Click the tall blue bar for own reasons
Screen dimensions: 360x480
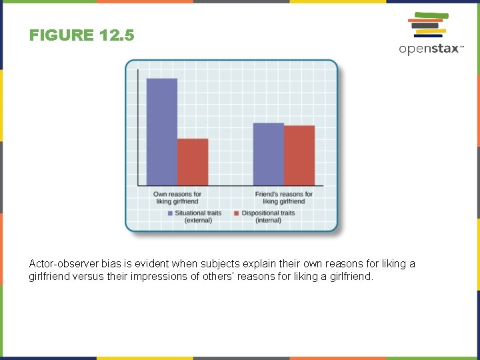[x=161, y=132]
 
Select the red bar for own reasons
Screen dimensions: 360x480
[x=193, y=162]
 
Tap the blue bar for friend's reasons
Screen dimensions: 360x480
[x=268, y=154]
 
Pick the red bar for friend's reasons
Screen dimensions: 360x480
[x=299, y=155]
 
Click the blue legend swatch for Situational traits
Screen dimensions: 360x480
[x=170, y=213]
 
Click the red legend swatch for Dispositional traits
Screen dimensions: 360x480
[x=236, y=213]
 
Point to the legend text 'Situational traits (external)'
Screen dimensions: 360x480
[x=198, y=217]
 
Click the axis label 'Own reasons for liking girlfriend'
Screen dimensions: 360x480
[x=177, y=197]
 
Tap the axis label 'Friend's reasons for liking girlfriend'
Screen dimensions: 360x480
[x=284, y=197]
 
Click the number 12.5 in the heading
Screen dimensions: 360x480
[x=117, y=35]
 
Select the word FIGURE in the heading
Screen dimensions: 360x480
[x=61, y=35]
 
